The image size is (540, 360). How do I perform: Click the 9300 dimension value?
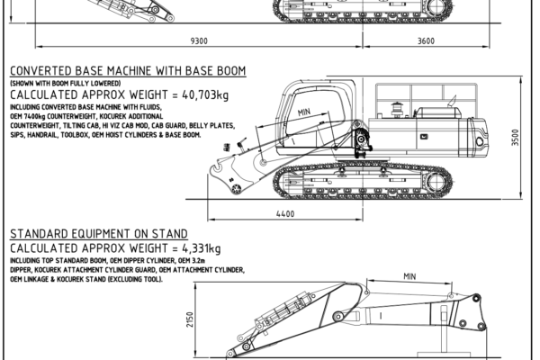(200, 40)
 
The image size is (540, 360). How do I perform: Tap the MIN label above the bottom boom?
(409, 276)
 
